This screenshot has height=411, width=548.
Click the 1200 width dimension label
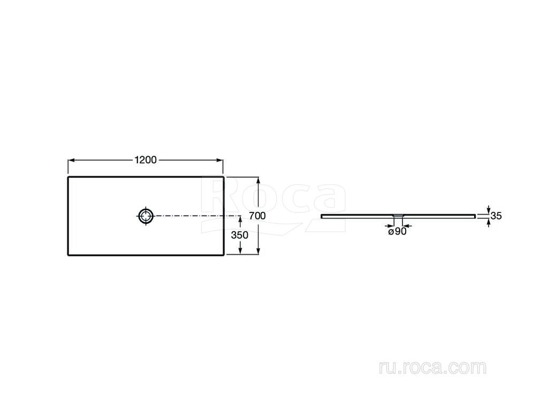click(x=146, y=160)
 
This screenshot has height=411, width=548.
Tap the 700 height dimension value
click(x=257, y=216)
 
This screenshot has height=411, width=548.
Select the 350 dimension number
click(x=240, y=235)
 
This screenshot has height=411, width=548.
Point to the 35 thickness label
click(x=496, y=216)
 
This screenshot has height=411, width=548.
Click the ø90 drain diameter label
click(x=398, y=231)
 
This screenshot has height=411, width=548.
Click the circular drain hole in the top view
click(x=146, y=216)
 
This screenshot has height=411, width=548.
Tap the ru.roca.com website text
click(x=432, y=368)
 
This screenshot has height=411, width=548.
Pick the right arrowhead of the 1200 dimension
click(x=220, y=161)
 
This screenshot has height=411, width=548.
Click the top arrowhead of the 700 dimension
click(x=258, y=180)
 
